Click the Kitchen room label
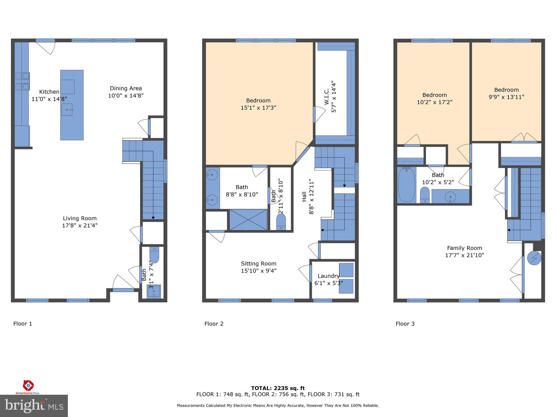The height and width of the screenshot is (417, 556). click(49, 92)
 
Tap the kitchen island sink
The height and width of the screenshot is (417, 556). click(67, 109)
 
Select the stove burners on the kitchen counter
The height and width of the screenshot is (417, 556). click(22, 81)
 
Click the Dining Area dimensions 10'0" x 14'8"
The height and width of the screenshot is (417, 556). click(126, 96)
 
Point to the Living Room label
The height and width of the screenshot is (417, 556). click(80, 218)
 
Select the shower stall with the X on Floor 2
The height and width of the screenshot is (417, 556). click(248, 220)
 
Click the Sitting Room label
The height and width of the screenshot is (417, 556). click(258, 264)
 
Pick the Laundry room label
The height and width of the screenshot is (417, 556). click(328, 276)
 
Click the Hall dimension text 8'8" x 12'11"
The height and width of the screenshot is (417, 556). click(311, 197)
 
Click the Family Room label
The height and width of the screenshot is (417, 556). click(465, 248)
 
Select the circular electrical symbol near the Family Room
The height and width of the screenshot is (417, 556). click(534, 258)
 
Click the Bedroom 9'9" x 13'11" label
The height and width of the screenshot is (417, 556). click(506, 93)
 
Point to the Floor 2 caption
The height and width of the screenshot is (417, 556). click(214, 324)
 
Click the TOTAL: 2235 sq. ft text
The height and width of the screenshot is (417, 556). click(278, 388)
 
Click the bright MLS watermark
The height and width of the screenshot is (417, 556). click(34, 406)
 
